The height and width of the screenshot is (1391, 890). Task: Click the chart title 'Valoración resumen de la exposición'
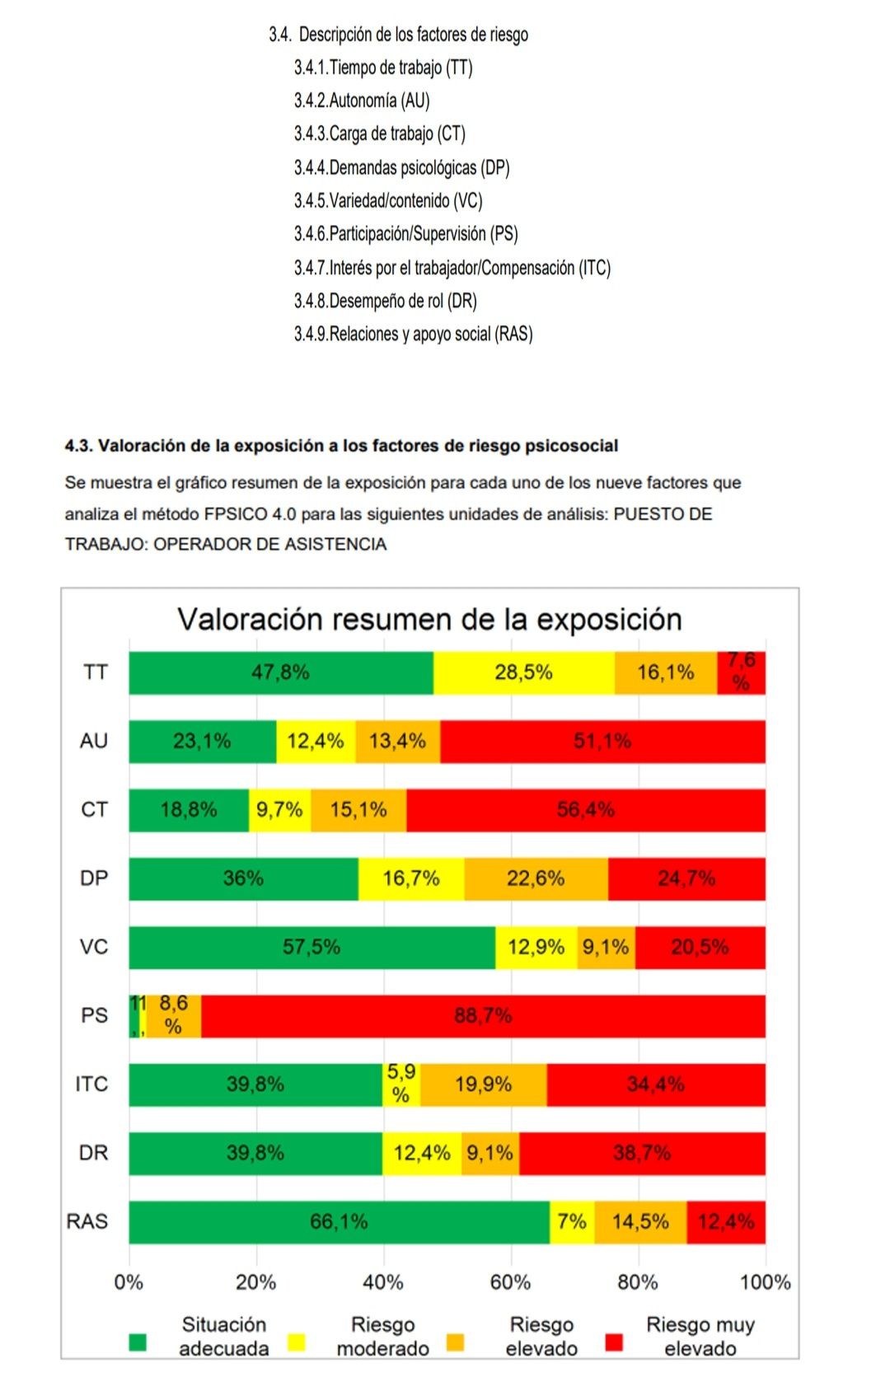point(429,620)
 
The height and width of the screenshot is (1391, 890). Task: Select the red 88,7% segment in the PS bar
point(483,1016)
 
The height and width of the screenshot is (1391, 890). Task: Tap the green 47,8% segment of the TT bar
point(281,672)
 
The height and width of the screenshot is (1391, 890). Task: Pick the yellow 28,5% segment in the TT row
point(523,672)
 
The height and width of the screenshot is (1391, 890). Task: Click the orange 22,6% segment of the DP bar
point(536,878)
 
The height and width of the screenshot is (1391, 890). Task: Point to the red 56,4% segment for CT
point(585,810)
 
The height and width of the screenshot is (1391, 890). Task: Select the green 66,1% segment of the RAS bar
point(339,1222)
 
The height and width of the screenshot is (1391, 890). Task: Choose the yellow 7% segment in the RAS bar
point(572,1222)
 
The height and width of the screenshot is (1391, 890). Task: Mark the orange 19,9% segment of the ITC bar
point(483,1084)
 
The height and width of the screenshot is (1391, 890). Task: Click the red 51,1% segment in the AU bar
point(602,742)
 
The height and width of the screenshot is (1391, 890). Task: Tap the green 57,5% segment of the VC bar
point(311,948)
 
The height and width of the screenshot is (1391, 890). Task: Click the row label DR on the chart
point(93,1153)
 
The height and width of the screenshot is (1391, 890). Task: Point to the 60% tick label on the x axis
point(510,1282)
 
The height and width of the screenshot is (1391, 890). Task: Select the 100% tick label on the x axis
point(765,1282)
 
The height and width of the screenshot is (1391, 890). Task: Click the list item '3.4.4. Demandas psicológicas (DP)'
point(402,168)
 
